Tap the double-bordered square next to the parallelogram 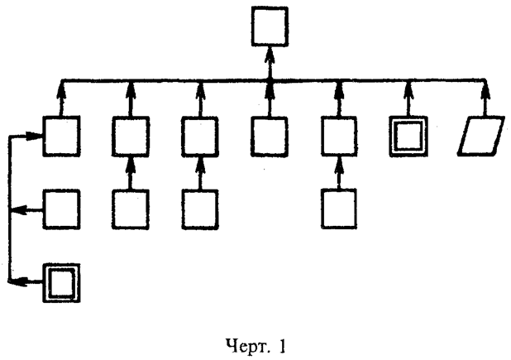coord(408,137)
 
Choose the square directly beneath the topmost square coord(270,137)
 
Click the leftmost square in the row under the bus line coord(62,137)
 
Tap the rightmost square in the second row coord(339,209)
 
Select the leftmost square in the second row coord(62,209)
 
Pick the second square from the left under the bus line coord(131,137)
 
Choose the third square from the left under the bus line coord(200,137)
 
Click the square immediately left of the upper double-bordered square coord(339,137)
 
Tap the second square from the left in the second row coord(131,209)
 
